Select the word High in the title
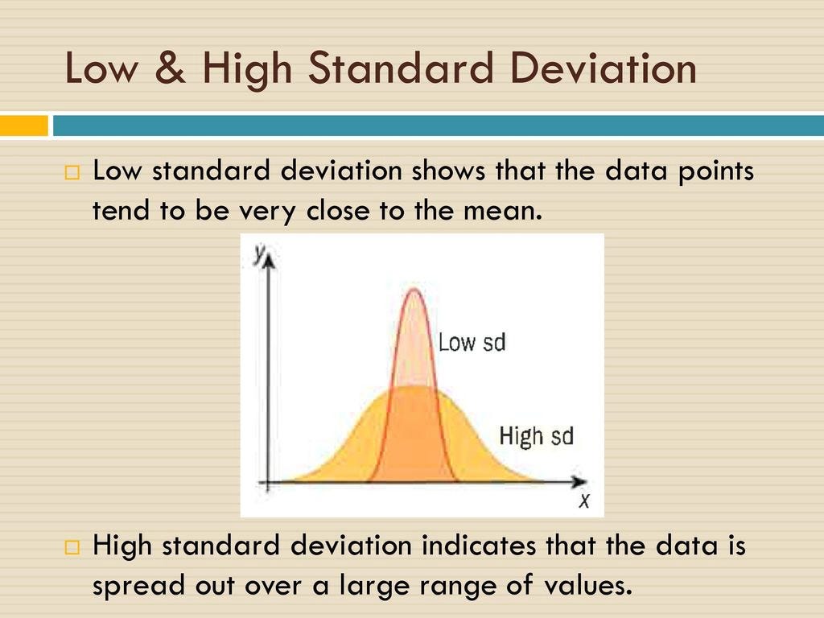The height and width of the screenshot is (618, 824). (x=245, y=69)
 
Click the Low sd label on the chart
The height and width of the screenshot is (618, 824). (x=472, y=342)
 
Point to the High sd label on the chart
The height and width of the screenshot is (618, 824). (x=536, y=436)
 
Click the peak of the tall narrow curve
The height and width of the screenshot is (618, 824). (x=414, y=290)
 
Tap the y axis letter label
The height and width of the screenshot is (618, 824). (x=259, y=253)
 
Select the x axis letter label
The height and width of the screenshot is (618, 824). (x=584, y=501)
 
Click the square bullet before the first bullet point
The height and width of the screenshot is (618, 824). (x=72, y=172)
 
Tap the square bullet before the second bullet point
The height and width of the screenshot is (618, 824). (x=72, y=548)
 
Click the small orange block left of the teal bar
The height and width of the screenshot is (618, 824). (x=23, y=126)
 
